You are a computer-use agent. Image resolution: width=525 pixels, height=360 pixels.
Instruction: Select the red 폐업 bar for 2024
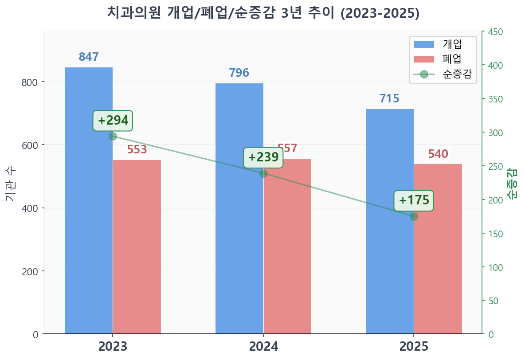point(287,246)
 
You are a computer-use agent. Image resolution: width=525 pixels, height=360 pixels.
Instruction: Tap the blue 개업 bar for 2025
point(390,221)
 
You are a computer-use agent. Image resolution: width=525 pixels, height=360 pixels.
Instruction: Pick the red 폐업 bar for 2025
point(438,249)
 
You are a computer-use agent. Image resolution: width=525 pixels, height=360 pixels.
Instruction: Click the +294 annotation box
point(113,121)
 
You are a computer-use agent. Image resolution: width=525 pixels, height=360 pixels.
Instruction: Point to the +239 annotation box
point(263,157)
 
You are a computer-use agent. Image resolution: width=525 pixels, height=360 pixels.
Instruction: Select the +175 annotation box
point(414,200)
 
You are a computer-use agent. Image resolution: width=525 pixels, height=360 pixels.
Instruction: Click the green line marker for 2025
point(414,216)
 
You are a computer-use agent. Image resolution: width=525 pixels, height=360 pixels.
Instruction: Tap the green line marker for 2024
point(263,173)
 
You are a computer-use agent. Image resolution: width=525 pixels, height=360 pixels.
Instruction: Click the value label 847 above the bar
point(89,57)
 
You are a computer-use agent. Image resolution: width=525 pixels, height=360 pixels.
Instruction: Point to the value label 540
point(438,154)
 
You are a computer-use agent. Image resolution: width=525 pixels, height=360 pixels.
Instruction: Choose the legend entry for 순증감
point(443,74)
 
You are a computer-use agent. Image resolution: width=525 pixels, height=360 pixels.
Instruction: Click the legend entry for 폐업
point(443,59)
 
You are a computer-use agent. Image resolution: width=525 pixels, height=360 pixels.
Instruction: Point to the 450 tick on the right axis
point(495,32)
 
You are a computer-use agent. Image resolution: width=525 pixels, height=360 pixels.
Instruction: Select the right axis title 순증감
point(513,183)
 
